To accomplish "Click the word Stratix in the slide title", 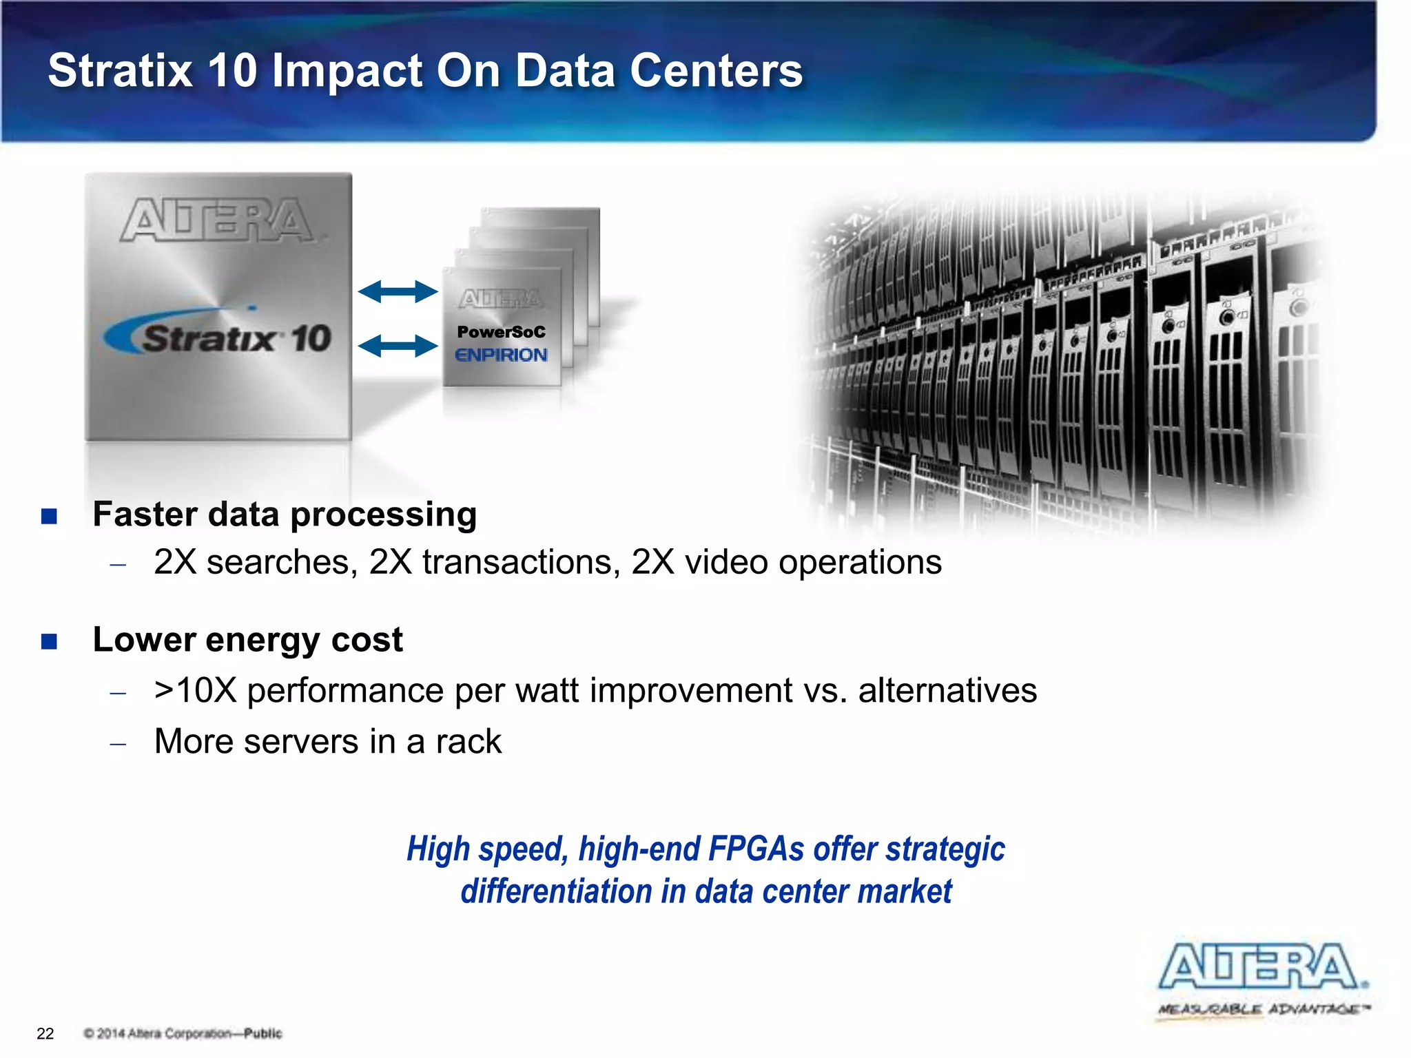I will coord(121,70).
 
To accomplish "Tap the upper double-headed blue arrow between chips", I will coord(398,291).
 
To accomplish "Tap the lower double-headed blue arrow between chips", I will coord(398,345).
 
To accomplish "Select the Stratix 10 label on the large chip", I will coord(227,338).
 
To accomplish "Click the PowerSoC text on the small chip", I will coord(501,332).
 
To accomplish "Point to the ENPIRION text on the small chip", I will coord(501,355).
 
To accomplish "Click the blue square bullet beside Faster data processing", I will coord(49,516).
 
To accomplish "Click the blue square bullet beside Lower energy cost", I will coord(49,642).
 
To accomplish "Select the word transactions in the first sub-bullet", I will coord(517,562).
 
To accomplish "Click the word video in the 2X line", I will coord(726,562).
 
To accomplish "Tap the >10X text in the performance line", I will coord(195,690).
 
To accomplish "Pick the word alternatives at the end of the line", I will coord(947,690).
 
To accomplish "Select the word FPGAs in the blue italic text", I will coord(756,849).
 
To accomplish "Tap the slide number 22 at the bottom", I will coord(45,1033).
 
